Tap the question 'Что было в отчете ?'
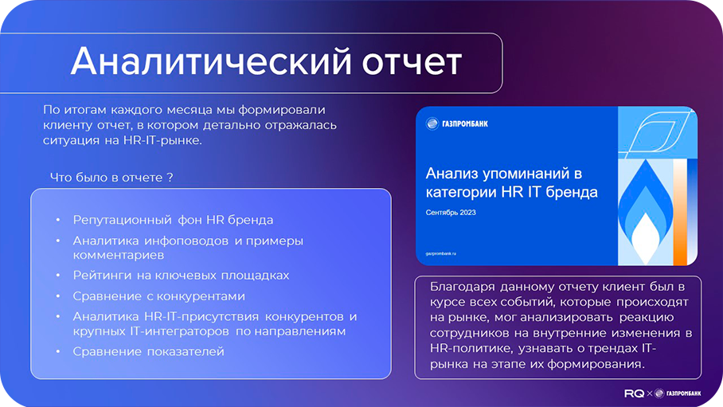(x=111, y=177)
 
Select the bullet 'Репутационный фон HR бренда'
(x=173, y=220)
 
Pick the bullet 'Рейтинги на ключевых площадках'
(x=181, y=275)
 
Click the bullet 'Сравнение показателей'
(x=148, y=351)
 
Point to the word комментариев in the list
(x=119, y=255)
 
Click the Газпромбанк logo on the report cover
(x=457, y=123)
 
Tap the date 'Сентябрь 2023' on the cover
(x=451, y=213)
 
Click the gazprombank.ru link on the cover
(x=446, y=253)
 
